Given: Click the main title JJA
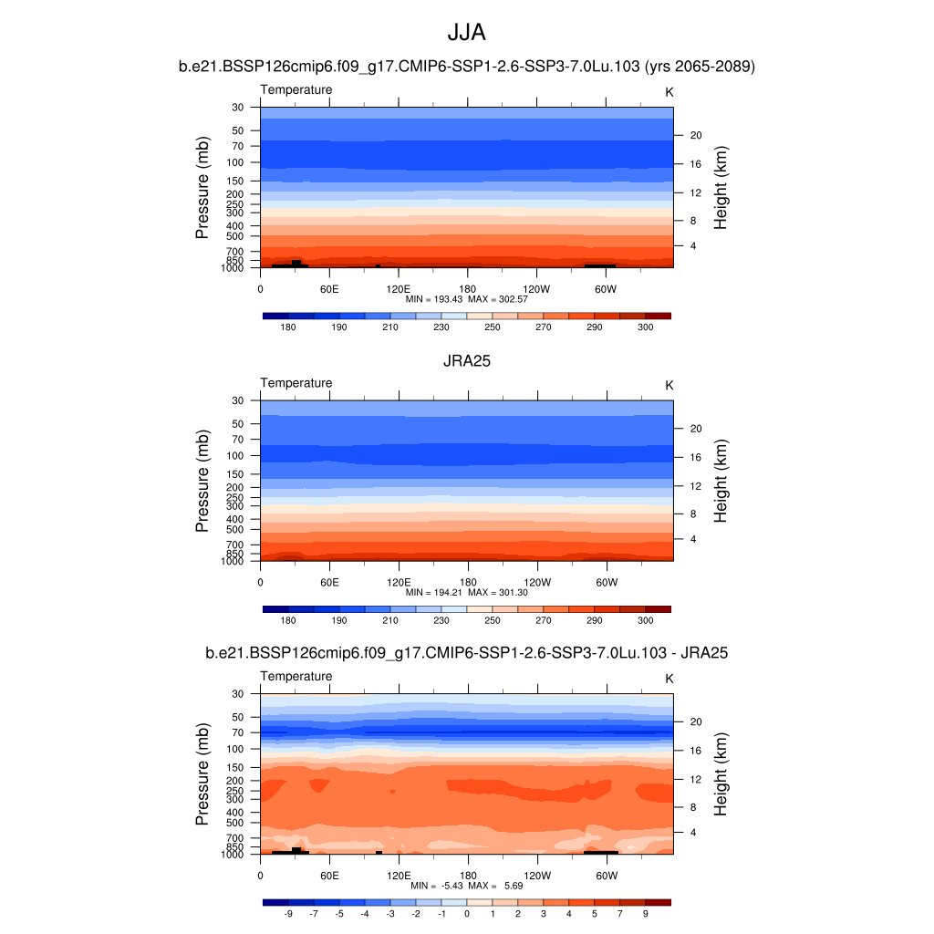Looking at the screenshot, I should click(x=466, y=33).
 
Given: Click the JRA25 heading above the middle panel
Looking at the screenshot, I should click(x=466, y=361).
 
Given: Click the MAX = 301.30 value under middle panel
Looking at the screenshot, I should click(x=495, y=592).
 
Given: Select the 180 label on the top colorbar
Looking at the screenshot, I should click(x=288, y=327).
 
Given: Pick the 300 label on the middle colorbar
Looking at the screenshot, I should click(x=645, y=620).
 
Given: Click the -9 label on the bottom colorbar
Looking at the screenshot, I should click(x=288, y=912).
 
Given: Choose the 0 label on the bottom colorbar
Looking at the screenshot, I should click(x=466, y=912).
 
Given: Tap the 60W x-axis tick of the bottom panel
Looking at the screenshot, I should click(x=607, y=876).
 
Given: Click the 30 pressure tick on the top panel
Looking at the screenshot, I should click(x=238, y=107).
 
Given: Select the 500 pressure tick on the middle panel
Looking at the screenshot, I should click(x=235, y=529).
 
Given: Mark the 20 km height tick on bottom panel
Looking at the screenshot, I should click(x=695, y=721).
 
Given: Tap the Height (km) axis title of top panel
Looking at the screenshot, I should click(x=721, y=188).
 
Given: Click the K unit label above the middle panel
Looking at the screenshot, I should click(x=669, y=385).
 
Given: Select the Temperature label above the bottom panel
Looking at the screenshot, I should click(x=296, y=676).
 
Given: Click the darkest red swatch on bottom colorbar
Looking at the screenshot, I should click(x=658, y=902).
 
